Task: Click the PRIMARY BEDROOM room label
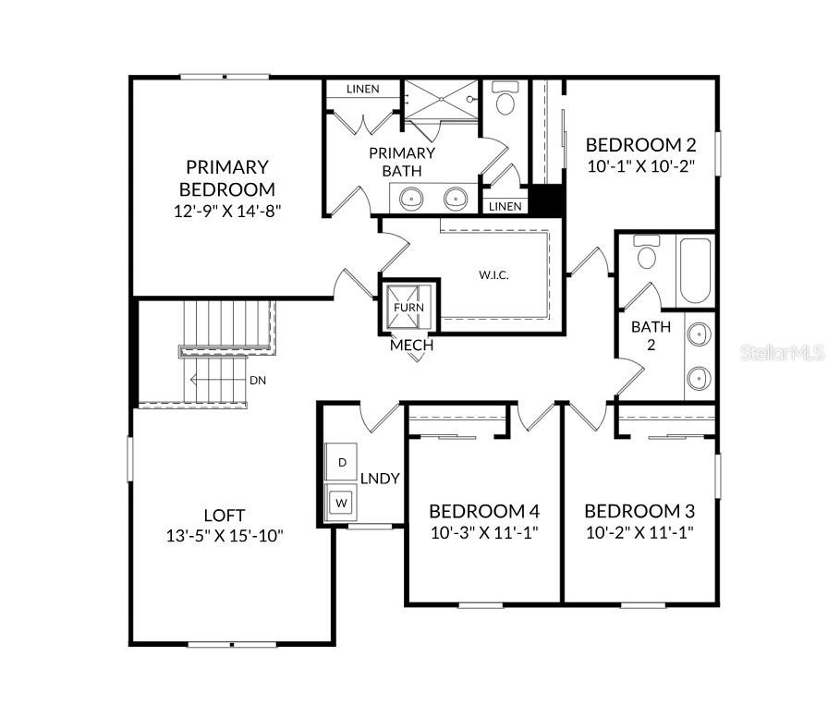pyautogui.click(x=226, y=177)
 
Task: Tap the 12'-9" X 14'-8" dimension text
pyautogui.click(x=226, y=210)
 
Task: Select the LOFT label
pyautogui.click(x=225, y=515)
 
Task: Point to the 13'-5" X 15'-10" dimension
pyautogui.click(x=225, y=535)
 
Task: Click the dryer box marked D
pyautogui.click(x=342, y=461)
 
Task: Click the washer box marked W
pyautogui.click(x=342, y=503)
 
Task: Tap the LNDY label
pyautogui.click(x=380, y=478)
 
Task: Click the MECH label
pyautogui.click(x=411, y=346)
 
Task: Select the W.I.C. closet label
pyautogui.click(x=493, y=275)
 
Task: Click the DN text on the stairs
pyautogui.click(x=258, y=380)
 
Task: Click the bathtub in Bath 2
pyautogui.click(x=695, y=271)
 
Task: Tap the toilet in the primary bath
pyautogui.click(x=505, y=100)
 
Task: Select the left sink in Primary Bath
pyautogui.click(x=410, y=197)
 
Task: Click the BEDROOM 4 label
pyautogui.click(x=484, y=511)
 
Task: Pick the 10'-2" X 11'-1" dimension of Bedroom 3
pyautogui.click(x=639, y=532)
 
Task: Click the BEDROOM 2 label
pyautogui.click(x=640, y=144)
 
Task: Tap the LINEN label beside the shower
pyautogui.click(x=362, y=90)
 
